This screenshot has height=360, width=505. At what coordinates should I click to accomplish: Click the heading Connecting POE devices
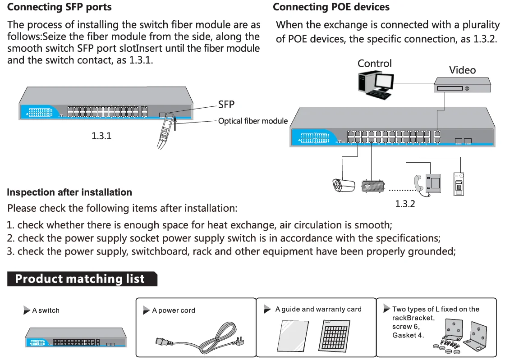click(331, 7)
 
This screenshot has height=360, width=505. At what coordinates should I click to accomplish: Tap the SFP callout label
click(226, 105)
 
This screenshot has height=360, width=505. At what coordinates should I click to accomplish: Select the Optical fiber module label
click(253, 121)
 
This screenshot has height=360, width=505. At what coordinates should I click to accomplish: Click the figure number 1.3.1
click(101, 136)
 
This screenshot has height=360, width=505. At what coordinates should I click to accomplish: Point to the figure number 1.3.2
click(404, 204)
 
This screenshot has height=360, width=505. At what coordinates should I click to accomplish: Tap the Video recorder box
click(462, 86)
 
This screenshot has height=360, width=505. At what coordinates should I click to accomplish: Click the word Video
click(462, 70)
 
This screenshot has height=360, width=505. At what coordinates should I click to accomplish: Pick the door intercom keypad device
click(459, 184)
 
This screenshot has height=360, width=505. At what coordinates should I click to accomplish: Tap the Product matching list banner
click(81, 279)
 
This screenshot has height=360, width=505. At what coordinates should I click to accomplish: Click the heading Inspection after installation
click(69, 192)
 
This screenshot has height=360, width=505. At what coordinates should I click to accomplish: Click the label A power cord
click(174, 310)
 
